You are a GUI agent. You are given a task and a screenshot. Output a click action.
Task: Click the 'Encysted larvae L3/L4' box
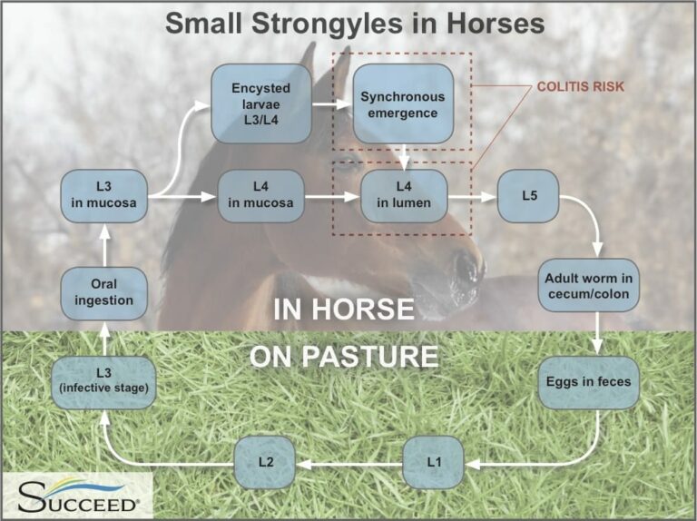pyautogui.click(x=261, y=103)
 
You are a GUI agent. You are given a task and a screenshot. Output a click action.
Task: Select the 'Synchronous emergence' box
pyautogui.click(x=404, y=103)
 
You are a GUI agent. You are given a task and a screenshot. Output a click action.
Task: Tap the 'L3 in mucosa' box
pyautogui.click(x=105, y=195)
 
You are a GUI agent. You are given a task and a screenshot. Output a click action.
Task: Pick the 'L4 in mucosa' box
pyautogui.click(x=260, y=195)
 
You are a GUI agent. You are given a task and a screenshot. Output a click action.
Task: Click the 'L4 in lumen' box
pyautogui.click(x=404, y=195)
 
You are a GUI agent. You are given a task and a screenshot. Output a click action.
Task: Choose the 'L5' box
pyautogui.click(x=528, y=195)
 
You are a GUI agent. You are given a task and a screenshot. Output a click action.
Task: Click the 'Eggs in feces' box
pyautogui.click(x=590, y=382)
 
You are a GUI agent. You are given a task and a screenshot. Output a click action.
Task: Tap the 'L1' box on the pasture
pyautogui.click(x=434, y=462)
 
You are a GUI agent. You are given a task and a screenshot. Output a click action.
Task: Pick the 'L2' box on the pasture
pyautogui.click(x=265, y=462)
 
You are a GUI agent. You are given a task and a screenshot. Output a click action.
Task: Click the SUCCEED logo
pyautogui.click(x=77, y=496)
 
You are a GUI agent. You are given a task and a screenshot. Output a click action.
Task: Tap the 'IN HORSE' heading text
pyautogui.click(x=344, y=310)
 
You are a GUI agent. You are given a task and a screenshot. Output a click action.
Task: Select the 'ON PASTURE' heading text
pyautogui.click(x=344, y=355)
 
